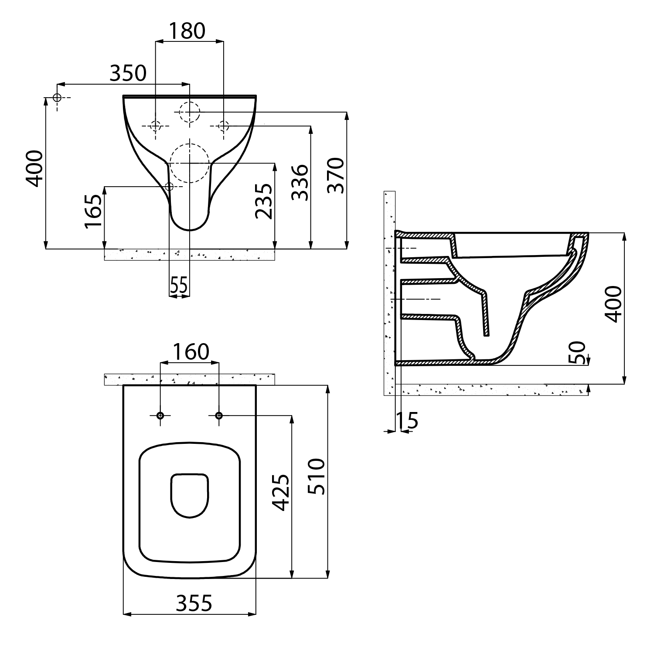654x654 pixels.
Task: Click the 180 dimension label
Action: [x=187, y=31]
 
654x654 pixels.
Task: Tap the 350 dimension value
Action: [x=128, y=73]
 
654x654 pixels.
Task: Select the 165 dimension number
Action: [x=93, y=211]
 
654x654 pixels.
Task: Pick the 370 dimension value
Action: [x=336, y=175]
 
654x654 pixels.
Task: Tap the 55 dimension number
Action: [x=179, y=286]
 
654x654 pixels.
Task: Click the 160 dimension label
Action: [x=191, y=352]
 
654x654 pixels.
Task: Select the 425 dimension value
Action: [x=281, y=492]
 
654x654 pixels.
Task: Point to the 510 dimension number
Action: [x=317, y=476]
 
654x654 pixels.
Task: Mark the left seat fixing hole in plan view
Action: [x=160, y=416]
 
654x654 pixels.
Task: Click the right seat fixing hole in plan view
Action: [x=219, y=416]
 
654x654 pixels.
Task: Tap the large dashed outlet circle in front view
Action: [x=190, y=163]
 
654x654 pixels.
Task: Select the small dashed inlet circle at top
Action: [x=190, y=112]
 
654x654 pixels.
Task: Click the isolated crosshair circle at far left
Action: [x=57, y=97]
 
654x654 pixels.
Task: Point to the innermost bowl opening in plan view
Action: [x=190, y=495]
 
